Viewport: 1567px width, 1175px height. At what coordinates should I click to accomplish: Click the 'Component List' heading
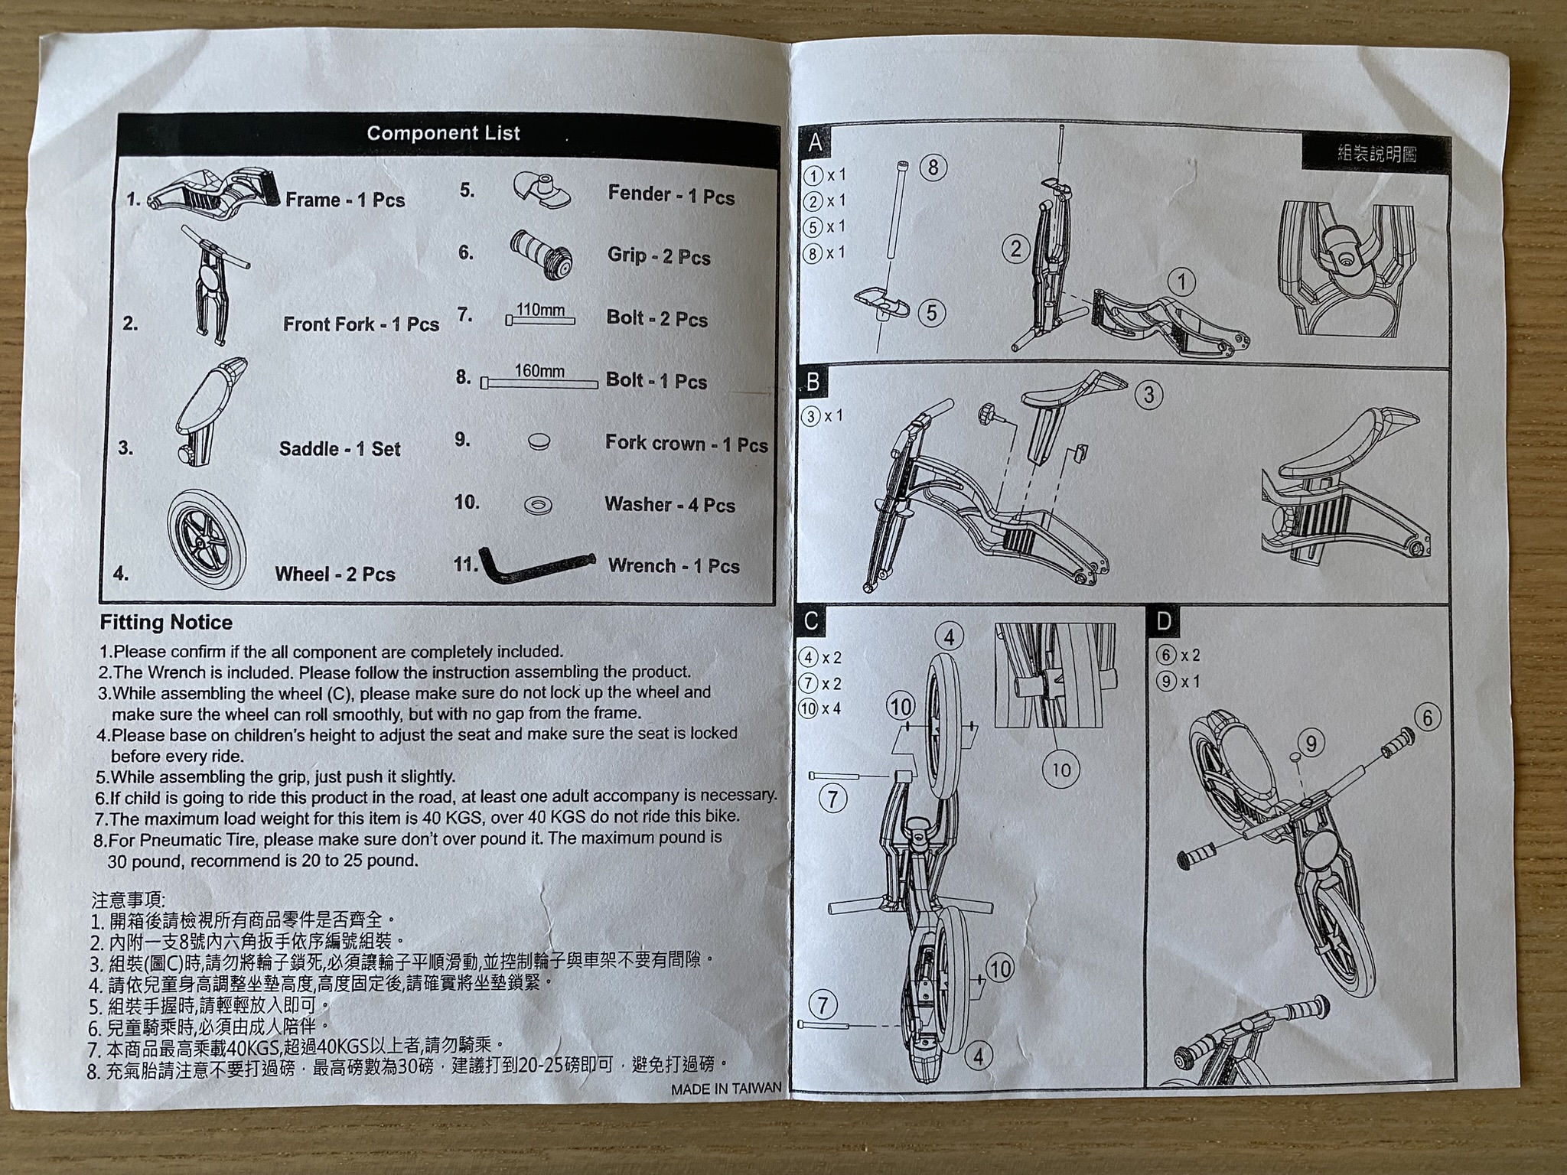(443, 133)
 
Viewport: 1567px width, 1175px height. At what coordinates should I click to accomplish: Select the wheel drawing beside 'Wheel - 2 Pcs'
(206, 539)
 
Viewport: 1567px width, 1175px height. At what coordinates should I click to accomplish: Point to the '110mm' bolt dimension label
(540, 310)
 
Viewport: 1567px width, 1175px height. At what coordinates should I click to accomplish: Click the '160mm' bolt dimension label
(539, 371)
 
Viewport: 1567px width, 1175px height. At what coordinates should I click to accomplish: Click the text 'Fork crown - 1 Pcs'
(686, 444)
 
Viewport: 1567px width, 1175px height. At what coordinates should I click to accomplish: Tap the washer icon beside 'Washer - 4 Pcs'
(538, 504)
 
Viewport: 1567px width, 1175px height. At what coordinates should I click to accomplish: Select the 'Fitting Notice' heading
(166, 622)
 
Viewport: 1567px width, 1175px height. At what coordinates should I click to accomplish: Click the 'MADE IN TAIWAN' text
(726, 1089)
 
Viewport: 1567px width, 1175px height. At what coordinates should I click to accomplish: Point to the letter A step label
(816, 142)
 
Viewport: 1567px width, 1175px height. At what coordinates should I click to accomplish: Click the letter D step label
(1164, 621)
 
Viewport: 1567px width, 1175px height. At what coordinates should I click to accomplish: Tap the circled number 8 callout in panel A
(933, 168)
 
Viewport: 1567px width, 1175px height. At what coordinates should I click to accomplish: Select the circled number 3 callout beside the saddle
(1148, 394)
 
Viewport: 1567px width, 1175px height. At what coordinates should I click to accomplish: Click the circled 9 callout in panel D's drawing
(1311, 743)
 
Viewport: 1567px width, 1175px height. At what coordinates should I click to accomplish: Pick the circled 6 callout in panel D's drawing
(1427, 718)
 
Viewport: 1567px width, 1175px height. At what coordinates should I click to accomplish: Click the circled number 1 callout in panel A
(1182, 282)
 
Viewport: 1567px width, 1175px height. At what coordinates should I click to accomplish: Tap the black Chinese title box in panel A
(1376, 153)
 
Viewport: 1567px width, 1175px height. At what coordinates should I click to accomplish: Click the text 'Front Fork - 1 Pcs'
(361, 324)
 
